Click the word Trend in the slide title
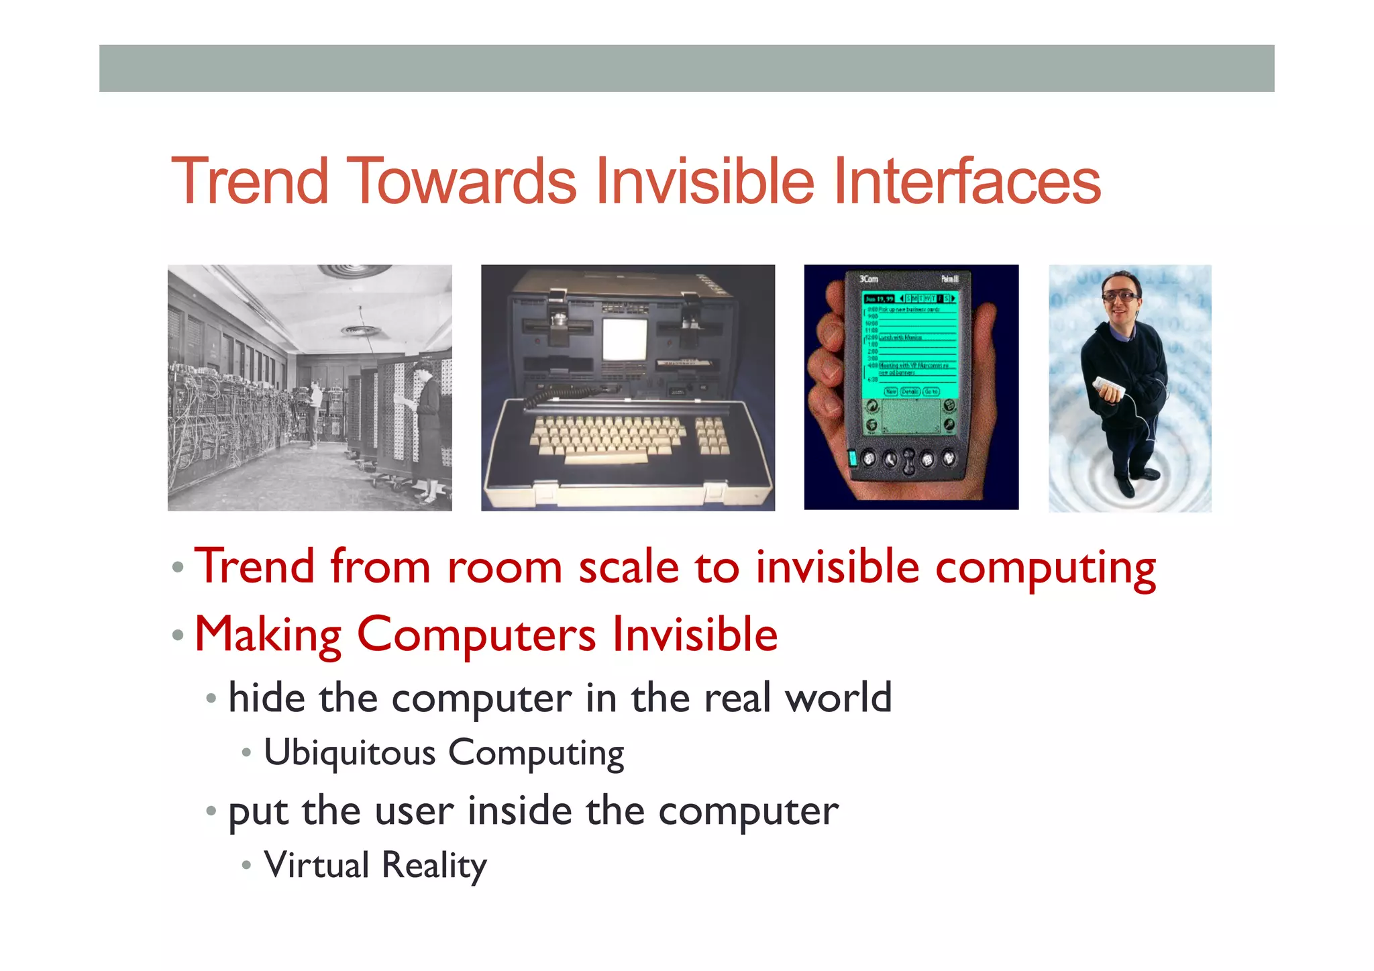[x=250, y=181]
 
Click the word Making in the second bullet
[x=268, y=635]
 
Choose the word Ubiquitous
[x=350, y=753]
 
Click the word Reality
[x=434, y=866]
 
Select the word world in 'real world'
[x=839, y=698]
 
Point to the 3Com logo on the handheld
[x=869, y=278]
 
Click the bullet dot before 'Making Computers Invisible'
[x=178, y=635]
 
